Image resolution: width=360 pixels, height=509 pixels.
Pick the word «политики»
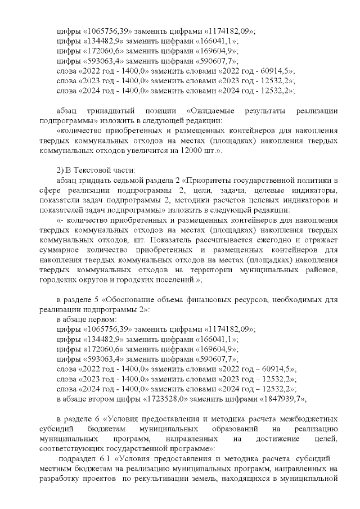pyautogui.click(x=318, y=181)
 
